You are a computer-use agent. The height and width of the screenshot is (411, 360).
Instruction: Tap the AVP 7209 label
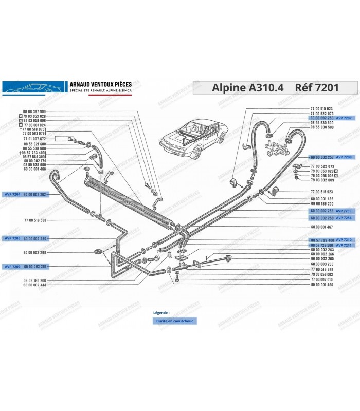click(13, 267)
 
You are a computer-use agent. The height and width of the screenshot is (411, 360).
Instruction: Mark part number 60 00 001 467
click(322, 227)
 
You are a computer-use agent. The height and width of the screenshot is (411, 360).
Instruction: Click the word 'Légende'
click(161, 312)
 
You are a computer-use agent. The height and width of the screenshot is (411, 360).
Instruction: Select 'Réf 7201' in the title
click(317, 87)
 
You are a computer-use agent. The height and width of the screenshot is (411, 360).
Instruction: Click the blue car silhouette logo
click(33, 87)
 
